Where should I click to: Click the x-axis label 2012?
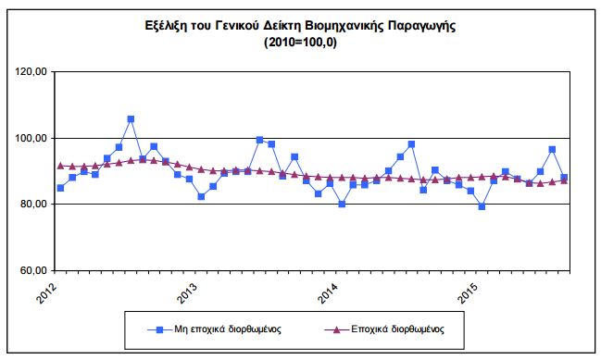[49, 290]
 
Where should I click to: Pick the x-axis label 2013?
[189, 290]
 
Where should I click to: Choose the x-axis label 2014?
[331, 290]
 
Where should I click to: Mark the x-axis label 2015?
[471, 290]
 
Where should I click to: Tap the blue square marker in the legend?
[158, 328]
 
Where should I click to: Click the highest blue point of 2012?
[131, 119]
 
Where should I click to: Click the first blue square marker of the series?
[60, 188]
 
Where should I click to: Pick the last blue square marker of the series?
[564, 178]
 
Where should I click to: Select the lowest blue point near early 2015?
[482, 206]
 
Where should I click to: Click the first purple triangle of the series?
[60, 166]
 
